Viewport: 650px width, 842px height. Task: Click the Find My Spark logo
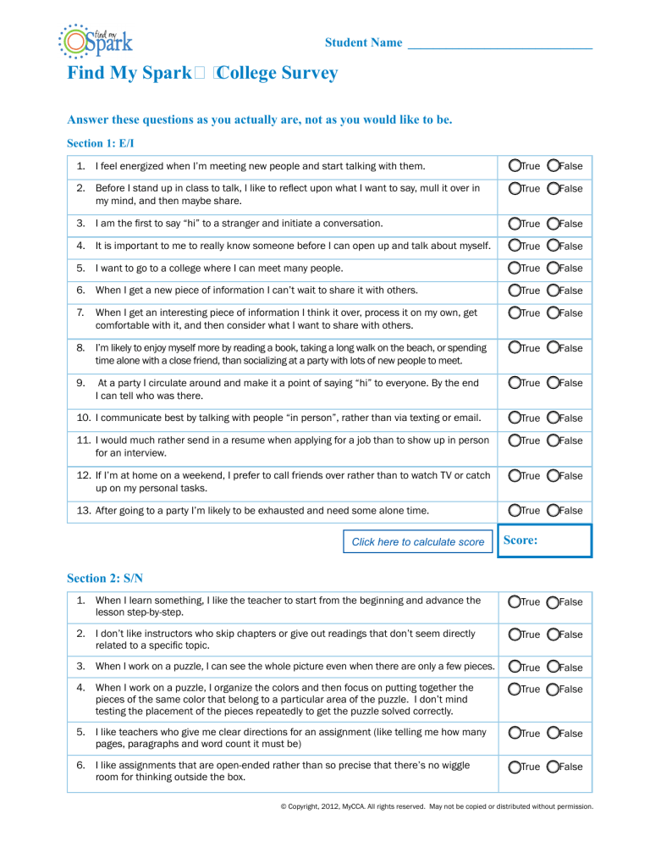pyautogui.click(x=95, y=40)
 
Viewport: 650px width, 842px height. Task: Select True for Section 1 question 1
pyautogui.click(x=515, y=166)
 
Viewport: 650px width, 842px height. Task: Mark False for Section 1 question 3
pyautogui.click(x=554, y=224)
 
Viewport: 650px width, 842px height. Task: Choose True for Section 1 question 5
pyautogui.click(x=515, y=269)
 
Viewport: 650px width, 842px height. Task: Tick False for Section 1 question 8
pyautogui.click(x=554, y=348)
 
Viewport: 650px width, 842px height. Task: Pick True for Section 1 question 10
pyautogui.click(x=515, y=418)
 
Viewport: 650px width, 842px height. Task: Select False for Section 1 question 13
pyautogui.click(x=554, y=510)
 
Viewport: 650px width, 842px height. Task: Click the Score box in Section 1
pyautogui.click(x=543, y=540)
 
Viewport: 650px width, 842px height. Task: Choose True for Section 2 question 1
pyautogui.click(x=515, y=602)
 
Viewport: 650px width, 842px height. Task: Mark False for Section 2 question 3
pyautogui.click(x=554, y=668)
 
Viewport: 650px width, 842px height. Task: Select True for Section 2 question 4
pyautogui.click(x=515, y=690)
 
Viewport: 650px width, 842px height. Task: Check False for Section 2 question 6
pyautogui.click(x=554, y=767)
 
